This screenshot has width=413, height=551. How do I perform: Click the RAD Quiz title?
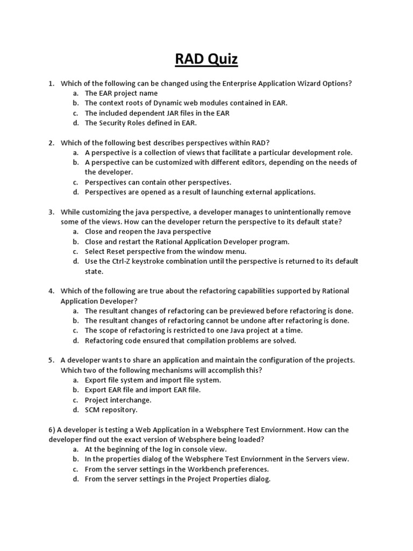click(206, 59)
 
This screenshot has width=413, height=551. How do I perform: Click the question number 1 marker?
click(51, 83)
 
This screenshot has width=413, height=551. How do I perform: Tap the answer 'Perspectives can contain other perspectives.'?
click(158, 182)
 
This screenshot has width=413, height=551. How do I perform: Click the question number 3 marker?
click(51, 212)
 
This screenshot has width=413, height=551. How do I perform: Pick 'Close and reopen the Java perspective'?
click(148, 231)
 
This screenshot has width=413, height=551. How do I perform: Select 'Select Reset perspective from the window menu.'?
click(166, 251)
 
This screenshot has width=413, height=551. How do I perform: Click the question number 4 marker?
click(51, 291)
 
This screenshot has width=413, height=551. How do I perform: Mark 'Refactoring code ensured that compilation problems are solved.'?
click(190, 340)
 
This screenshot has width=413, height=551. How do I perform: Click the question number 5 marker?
click(51, 360)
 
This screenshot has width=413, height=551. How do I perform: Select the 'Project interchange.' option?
click(118, 400)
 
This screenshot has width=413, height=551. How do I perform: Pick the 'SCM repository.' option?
click(111, 409)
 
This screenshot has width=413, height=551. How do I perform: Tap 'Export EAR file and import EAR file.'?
click(143, 390)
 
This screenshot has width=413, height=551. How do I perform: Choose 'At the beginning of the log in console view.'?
click(156, 449)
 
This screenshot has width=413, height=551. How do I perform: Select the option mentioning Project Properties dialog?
click(177, 479)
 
